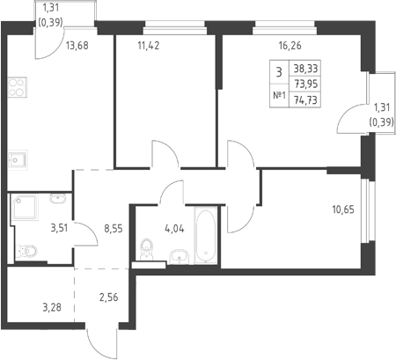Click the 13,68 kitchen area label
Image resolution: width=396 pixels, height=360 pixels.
click(77, 46)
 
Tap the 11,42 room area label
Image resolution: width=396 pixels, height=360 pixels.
click(149, 46)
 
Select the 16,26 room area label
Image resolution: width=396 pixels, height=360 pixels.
click(290, 46)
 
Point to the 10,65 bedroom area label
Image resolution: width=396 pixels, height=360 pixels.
click(343, 209)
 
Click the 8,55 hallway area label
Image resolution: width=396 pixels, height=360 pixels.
click(114, 228)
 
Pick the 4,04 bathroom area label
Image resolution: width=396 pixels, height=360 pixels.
click(175, 229)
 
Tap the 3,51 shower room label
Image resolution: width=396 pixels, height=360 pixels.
click(59, 228)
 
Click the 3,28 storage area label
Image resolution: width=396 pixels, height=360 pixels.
click(52, 307)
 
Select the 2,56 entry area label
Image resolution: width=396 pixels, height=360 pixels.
click(109, 298)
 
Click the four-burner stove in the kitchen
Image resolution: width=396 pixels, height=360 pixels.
click(18, 87)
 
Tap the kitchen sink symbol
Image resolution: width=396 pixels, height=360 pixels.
click(18, 160)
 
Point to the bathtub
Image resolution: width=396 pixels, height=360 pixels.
click(206, 235)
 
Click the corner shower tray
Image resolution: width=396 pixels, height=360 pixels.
click(25, 208)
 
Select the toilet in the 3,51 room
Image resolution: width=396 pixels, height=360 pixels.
click(26, 251)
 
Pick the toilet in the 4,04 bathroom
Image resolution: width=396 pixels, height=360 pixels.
click(147, 249)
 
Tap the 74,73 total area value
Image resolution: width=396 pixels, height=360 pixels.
click(305, 100)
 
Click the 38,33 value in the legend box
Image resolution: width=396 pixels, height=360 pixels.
click(305, 69)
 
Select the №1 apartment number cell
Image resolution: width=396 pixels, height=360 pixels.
click(279, 95)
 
